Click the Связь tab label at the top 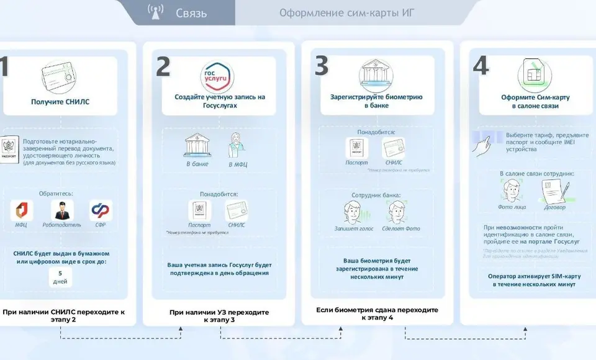(x=191, y=13)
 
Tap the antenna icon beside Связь (x=155, y=12)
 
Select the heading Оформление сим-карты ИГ (x=346, y=13)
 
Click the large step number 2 (x=163, y=68)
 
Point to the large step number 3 (x=322, y=66)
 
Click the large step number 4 (x=481, y=66)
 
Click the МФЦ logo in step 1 (x=21, y=210)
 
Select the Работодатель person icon (x=61, y=210)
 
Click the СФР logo (x=101, y=210)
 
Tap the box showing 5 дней (x=60, y=277)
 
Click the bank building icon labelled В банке (x=197, y=146)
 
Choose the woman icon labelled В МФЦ (x=238, y=146)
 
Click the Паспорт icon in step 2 (x=199, y=210)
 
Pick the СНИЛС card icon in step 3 (x=393, y=149)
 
